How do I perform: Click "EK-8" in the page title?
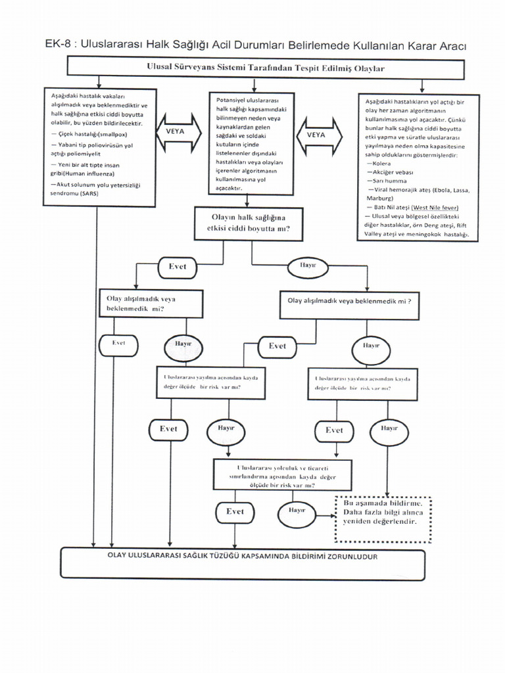pos(57,45)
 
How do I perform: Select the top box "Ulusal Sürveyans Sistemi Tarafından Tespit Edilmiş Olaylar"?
pos(266,68)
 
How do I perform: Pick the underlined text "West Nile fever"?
pos(435,207)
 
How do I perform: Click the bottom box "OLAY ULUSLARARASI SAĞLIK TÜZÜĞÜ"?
pos(242,563)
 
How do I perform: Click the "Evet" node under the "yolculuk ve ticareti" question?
pos(234,511)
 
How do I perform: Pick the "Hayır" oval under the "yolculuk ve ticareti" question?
pos(297,511)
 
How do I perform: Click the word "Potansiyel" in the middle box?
pos(231,99)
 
